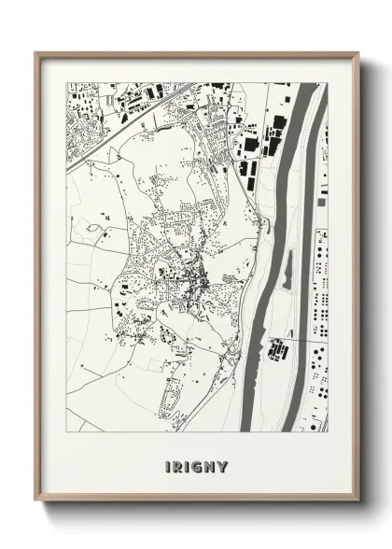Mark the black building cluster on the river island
pyautogui.click(x=277, y=350)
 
